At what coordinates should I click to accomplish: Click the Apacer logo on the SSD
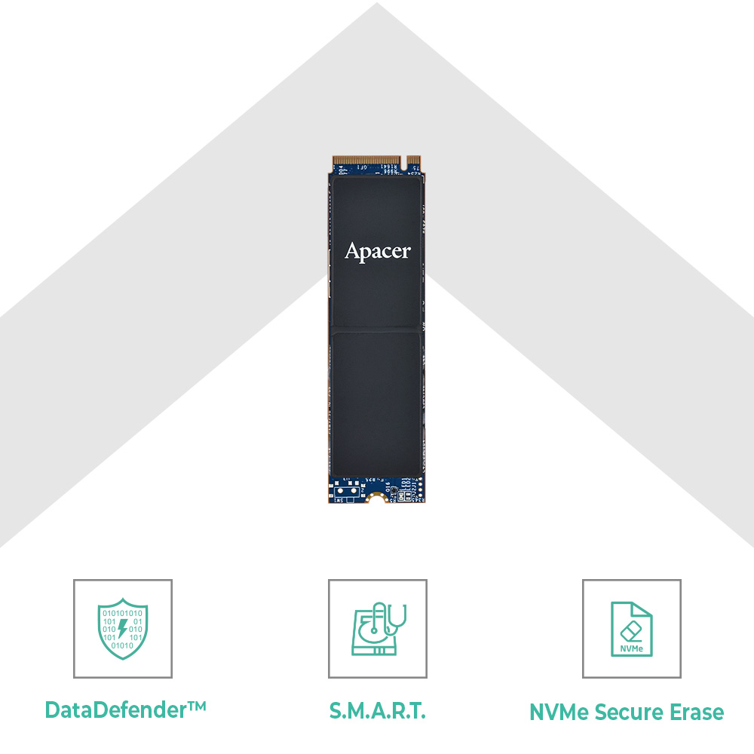point(378,251)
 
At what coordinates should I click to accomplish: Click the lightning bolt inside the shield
point(123,627)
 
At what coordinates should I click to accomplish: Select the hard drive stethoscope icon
point(379,629)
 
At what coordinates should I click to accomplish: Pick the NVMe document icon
point(632,629)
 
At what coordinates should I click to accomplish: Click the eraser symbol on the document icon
point(632,627)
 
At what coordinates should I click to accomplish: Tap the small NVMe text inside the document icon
point(632,648)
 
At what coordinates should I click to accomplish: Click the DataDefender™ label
point(125,710)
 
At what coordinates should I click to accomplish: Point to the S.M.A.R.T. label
point(378,710)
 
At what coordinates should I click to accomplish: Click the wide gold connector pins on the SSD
point(366,161)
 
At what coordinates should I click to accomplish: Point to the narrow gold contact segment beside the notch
point(413,161)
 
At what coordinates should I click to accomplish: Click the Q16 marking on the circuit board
point(388,488)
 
